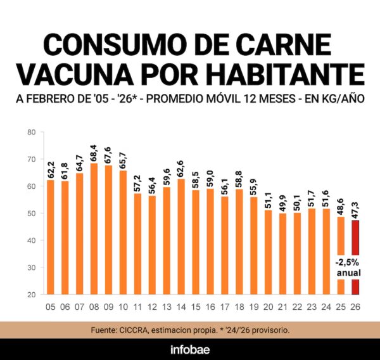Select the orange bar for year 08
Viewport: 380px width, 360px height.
click(x=94, y=229)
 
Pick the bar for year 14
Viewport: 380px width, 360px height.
click(x=181, y=236)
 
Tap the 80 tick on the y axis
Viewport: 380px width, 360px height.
click(x=31, y=132)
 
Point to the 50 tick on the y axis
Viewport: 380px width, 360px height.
click(x=31, y=214)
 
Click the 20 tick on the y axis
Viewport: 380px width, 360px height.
click(x=31, y=295)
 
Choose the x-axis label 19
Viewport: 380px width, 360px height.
click(x=254, y=307)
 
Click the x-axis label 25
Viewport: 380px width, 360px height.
click(x=341, y=307)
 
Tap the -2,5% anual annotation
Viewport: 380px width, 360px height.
click(x=348, y=267)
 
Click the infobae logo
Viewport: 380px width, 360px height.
click(x=190, y=349)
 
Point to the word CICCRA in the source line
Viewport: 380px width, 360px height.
click(x=149, y=330)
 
